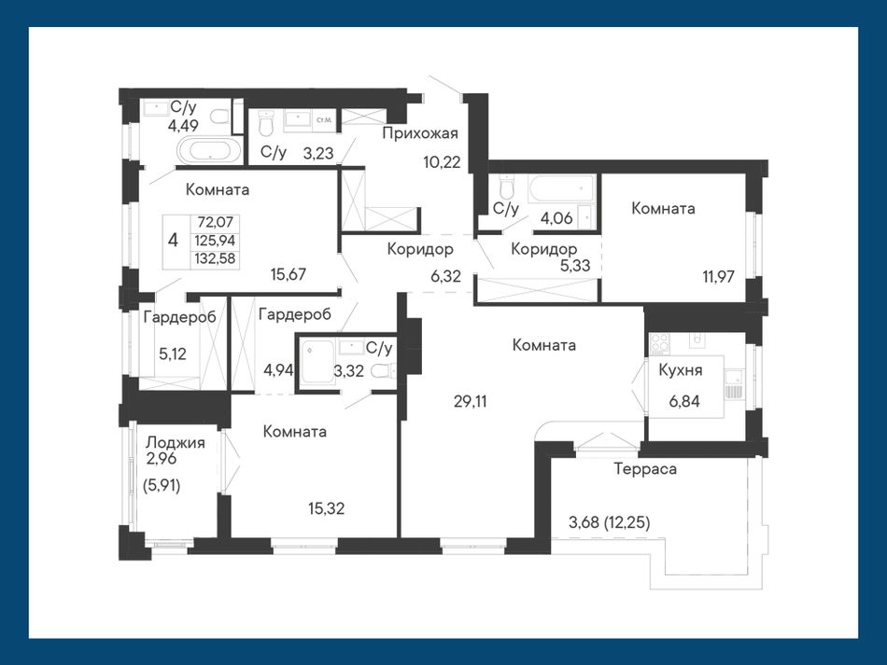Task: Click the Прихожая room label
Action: point(420,134)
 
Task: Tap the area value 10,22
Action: point(442,162)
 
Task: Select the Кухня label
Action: point(681,370)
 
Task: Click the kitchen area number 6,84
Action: point(684,401)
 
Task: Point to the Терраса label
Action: point(645,469)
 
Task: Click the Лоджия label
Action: point(176,442)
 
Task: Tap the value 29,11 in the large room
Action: point(470,401)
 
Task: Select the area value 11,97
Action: point(718,276)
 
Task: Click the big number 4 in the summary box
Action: point(173,240)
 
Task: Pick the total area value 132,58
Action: point(215,258)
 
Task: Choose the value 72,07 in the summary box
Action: point(216,222)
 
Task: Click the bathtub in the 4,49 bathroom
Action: point(209,151)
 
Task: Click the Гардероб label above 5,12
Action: point(179,317)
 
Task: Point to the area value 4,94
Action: point(278,370)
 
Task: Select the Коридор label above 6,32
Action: point(420,249)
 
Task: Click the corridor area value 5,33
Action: point(575,266)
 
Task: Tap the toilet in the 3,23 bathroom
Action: point(265,123)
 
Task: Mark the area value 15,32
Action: point(327,508)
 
